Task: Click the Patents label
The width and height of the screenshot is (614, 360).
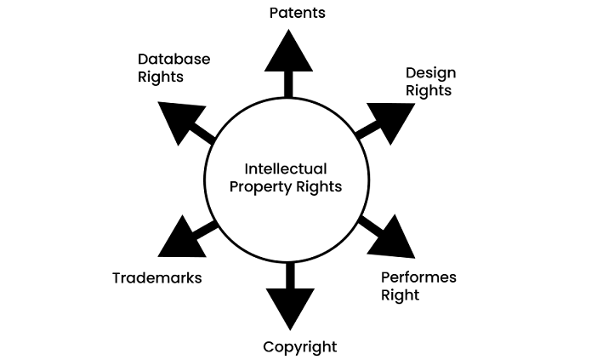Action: click(297, 13)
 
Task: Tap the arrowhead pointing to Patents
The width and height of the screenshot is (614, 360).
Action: click(289, 53)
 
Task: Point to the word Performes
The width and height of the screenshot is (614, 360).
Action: click(418, 278)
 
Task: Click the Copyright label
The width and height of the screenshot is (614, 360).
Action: click(299, 346)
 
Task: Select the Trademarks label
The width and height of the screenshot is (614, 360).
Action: click(156, 278)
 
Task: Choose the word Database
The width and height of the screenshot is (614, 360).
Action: click(173, 59)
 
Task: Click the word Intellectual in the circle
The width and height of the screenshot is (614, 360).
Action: click(285, 169)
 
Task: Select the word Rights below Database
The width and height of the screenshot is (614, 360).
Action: click(160, 77)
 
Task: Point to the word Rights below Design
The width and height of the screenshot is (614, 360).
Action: click(428, 89)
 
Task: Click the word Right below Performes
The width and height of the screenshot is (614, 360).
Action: click(400, 295)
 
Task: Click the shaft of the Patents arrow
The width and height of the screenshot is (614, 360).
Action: click(289, 83)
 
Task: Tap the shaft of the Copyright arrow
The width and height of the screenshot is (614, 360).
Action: click(289, 274)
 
